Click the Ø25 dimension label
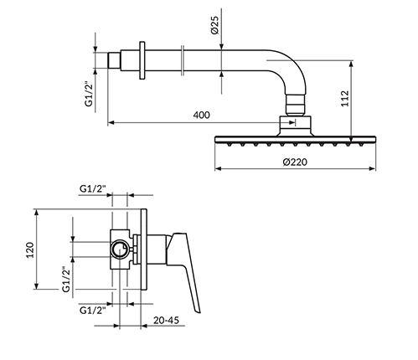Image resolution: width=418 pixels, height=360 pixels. [215, 25]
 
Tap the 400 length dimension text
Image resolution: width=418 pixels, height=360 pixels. [201, 115]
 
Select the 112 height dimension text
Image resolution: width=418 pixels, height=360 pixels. [345, 98]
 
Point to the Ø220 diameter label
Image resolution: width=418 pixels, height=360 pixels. [295, 162]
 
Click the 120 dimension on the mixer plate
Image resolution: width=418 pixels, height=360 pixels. [30, 249]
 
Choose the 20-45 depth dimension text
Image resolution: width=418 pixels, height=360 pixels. [166, 321]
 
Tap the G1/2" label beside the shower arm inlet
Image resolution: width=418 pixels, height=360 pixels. [89, 94]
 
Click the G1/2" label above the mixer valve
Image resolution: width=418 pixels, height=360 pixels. [93, 189]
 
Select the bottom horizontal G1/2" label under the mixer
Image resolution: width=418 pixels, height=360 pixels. [93, 310]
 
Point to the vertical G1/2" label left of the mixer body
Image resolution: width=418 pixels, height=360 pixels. [66, 280]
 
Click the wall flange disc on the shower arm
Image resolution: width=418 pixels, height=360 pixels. [142, 60]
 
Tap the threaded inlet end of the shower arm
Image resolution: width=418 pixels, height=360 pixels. [114, 60]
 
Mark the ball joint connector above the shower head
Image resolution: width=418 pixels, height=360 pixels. [296, 105]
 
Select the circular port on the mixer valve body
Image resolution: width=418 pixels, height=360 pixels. [121, 249]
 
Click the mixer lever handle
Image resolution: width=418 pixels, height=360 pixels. [186, 268]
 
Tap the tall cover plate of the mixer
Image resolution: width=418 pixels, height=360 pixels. [144, 249]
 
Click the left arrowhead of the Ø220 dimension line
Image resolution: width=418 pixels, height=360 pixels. [218, 168]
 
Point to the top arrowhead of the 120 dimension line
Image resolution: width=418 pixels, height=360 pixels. [36, 212]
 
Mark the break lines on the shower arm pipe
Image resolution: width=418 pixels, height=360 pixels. [183, 60]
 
